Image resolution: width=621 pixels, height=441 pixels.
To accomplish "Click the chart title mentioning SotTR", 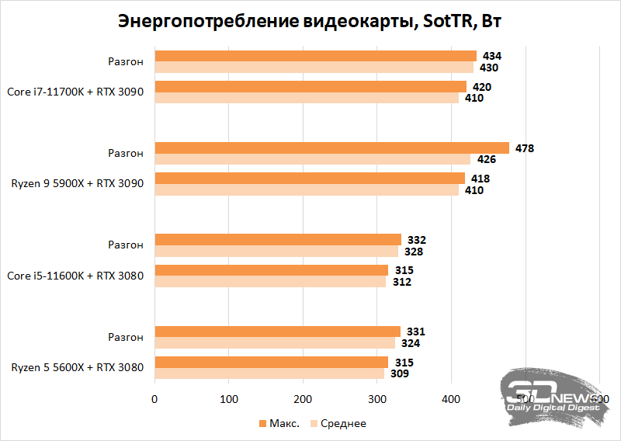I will [x=310, y=21].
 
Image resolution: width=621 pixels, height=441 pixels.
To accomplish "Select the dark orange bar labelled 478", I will [x=332, y=148].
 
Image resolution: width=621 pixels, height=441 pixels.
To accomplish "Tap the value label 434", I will [x=491, y=56].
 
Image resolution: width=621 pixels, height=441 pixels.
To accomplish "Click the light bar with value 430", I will [x=314, y=68].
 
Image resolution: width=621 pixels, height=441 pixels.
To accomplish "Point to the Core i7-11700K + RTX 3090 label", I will [x=75, y=92].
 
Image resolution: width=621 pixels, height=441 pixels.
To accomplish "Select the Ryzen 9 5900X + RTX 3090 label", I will [x=77, y=184].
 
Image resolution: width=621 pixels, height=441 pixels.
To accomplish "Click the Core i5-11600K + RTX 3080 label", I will [x=75, y=276].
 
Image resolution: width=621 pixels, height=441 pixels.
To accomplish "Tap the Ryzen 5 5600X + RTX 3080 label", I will [x=77, y=367].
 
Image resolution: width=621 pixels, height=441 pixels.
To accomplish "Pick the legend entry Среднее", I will [x=342, y=423].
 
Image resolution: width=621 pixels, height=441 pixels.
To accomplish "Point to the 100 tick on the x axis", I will [x=229, y=399].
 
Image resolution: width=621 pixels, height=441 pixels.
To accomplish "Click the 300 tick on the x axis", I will [x=377, y=399].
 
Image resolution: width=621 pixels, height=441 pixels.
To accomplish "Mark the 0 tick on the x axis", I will [x=155, y=399].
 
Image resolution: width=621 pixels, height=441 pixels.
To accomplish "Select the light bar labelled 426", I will [x=313, y=160].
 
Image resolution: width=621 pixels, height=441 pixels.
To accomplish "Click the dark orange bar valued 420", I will [x=310, y=86].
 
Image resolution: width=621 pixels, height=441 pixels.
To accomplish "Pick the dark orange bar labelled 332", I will [x=278, y=239].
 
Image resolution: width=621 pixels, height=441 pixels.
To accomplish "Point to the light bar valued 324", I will [x=275, y=343].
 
